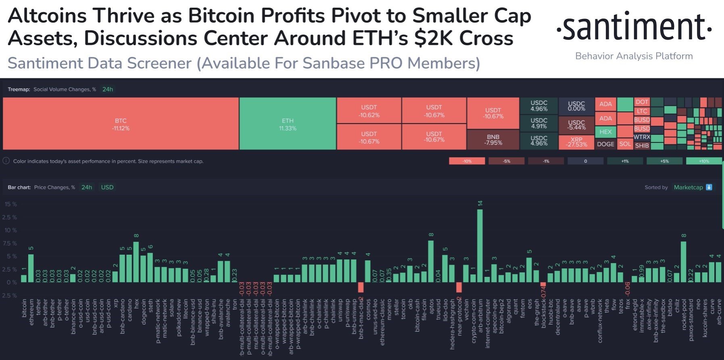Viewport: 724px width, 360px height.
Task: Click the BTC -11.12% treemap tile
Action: pyautogui.click(x=121, y=124)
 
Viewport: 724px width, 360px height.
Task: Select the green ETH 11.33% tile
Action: pyautogui.click(x=288, y=124)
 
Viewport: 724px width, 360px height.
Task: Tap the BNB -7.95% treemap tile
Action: pyautogui.click(x=493, y=140)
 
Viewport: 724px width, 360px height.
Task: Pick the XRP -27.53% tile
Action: pyautogui.click(x=576, y=142)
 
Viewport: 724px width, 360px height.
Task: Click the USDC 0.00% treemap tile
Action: pyautogui.click(x=576, y=106)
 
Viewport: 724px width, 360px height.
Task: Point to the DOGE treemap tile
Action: pyautogui.click(x=605, y=144)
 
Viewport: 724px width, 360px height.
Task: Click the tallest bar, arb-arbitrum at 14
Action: pyautogui.click(x=480, y=245)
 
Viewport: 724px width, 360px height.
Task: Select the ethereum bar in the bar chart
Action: pyautogui.click(x=31, y=268)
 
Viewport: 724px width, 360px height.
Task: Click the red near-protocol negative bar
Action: pyautogui.click(x=459, y=287)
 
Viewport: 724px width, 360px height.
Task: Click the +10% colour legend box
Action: pyautogui.click(x=704, y=161)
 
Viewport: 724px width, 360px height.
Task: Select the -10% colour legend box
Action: pyautogui.click(x=467, y=161)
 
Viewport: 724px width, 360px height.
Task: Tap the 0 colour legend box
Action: pyautogui.click(x=585, y=161)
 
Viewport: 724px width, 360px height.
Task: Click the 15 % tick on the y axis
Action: pyautogui.click(x=11, y=204)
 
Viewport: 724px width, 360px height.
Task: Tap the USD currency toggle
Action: pyautogui.click(x=107, y=187)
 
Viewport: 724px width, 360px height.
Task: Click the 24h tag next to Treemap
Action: pyautogui.click(x=108, y=89)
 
